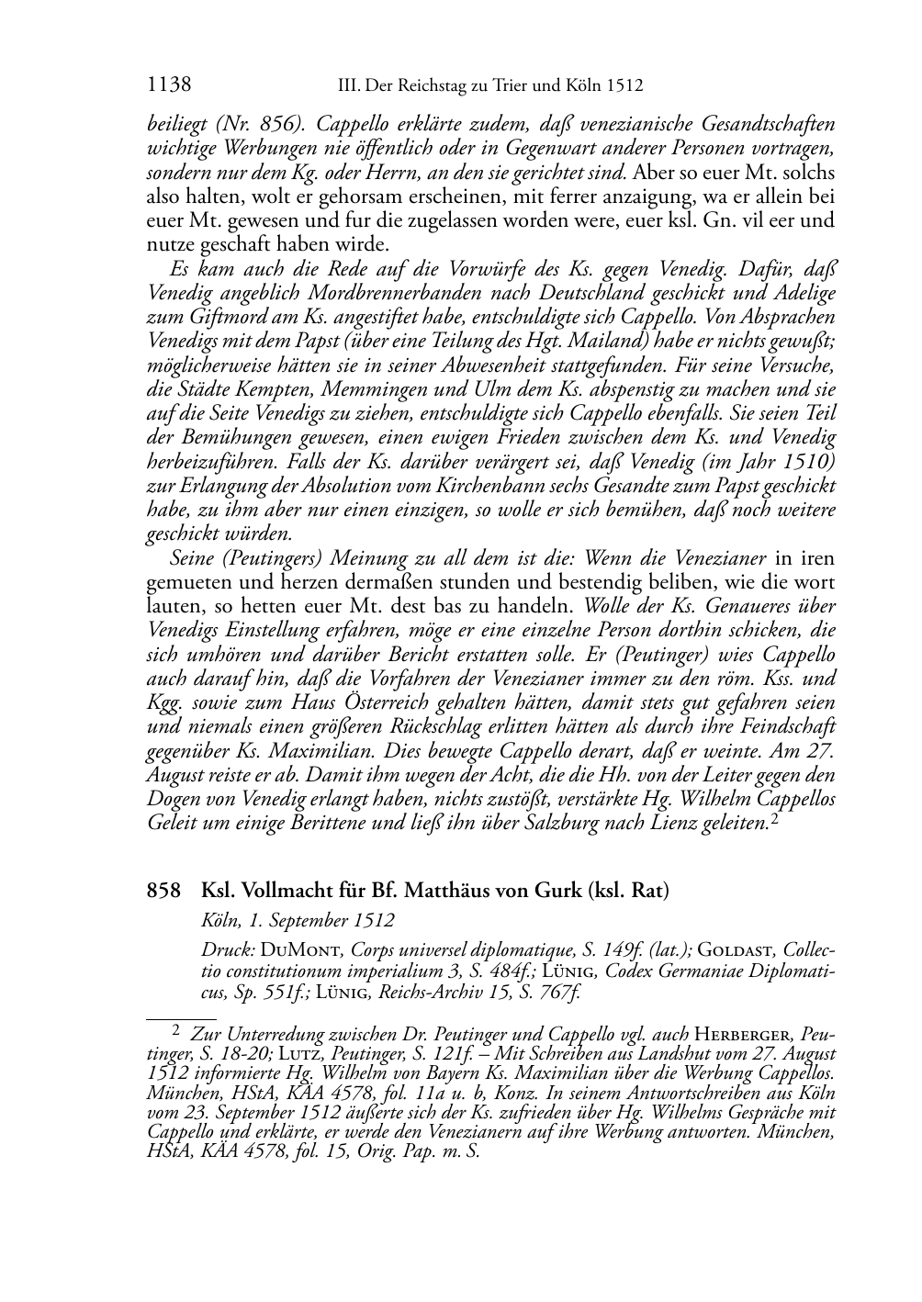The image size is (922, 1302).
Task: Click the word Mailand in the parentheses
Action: click(658, 341)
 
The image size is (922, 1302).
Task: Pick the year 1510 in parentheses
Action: click(791, 460)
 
